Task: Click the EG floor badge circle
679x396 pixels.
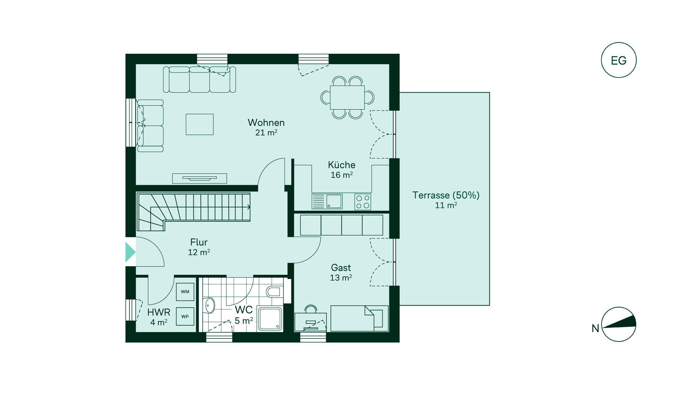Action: pos(619,60)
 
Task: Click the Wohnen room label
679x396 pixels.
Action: pos(266,123)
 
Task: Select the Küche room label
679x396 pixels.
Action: pos(342,165)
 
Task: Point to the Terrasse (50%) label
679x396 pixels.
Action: pos(446,195)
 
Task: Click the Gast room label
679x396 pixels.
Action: pos(341,268)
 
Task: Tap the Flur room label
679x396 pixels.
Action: pos(199,242)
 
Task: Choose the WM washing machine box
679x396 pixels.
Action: pos(185,292)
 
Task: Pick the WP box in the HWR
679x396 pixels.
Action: pos(185,316)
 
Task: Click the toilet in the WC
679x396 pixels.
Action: pos(274,292)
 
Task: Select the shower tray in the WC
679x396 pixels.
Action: pos(270,319)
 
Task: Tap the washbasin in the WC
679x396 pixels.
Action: pos(210,305)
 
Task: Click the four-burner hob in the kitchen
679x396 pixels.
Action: pos(363,202)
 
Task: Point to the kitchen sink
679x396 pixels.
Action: pos(327,201)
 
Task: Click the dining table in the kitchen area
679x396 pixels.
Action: pos(347,97)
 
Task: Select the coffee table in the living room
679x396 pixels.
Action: pos(200,124)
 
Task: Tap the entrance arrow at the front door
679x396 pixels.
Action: pos(130,252)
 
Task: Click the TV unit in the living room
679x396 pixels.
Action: pos(199,178)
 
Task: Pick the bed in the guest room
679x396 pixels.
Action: pos(359,318)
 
